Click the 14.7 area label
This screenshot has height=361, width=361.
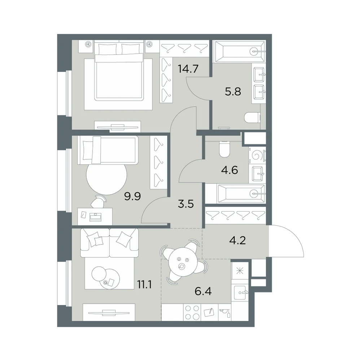click(x=188, y=69)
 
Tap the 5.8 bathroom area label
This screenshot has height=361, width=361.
click(x=233, y=92)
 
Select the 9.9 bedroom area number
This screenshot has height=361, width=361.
click(x=132, y=196)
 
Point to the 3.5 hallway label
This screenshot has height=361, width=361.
click(x=186, y=204)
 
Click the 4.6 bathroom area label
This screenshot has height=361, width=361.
click(x=230, y=170)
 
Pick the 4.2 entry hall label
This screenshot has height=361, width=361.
click(x=238, y=240)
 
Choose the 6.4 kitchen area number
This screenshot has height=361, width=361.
click(x=203, y=291)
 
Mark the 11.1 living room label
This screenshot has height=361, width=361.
click(x=144, y=285)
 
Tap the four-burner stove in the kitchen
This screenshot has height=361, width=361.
click(x=192, y=312)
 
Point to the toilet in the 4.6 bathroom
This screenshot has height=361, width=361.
click(x=225, y=149)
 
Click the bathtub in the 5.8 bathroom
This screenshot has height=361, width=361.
click(x=239, y=51)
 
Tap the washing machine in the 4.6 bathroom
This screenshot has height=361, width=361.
click(x=257, y=156)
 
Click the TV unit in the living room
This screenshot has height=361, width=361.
click(x=109, y=312)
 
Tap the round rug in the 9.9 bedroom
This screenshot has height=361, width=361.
click(x=106, y=177)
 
